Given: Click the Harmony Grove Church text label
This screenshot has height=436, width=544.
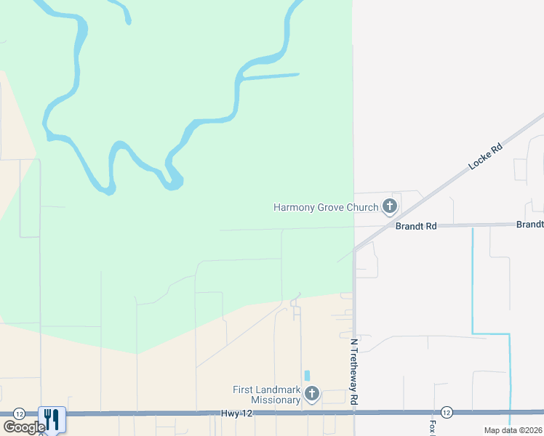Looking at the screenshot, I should click(x=326, y=207).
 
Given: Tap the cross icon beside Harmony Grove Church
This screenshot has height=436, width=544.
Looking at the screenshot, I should click(x=390, y=206).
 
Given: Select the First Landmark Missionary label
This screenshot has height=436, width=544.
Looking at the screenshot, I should click(x=266, y=395).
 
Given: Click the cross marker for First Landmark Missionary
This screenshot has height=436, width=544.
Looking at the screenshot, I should click(x=312, y=394).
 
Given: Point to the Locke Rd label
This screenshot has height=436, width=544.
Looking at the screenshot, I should click(x=485, y=157).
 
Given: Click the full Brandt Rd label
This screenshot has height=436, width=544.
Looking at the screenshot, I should click(x=416, y=226).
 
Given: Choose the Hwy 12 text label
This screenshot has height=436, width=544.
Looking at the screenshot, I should click(x=231, y=413).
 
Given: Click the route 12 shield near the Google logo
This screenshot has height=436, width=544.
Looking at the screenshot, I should click(x=20, y=413).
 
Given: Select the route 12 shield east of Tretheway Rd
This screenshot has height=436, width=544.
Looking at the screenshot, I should click(x=447, y=412).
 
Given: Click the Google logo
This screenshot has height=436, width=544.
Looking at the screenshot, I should click(x=23, y=427).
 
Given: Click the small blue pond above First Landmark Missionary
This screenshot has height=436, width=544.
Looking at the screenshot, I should click(x=307, y=376).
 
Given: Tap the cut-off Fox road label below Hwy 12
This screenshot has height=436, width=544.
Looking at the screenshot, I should click(x=432, y=427).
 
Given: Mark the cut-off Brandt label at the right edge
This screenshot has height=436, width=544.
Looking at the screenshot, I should click(x=530, y=225).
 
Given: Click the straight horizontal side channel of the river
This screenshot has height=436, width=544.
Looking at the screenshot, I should click(x=269, y=75).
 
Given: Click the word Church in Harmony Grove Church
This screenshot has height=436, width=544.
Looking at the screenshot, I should click(x=362, y=207).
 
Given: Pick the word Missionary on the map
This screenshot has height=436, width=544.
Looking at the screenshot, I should click(x=276, y=400).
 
